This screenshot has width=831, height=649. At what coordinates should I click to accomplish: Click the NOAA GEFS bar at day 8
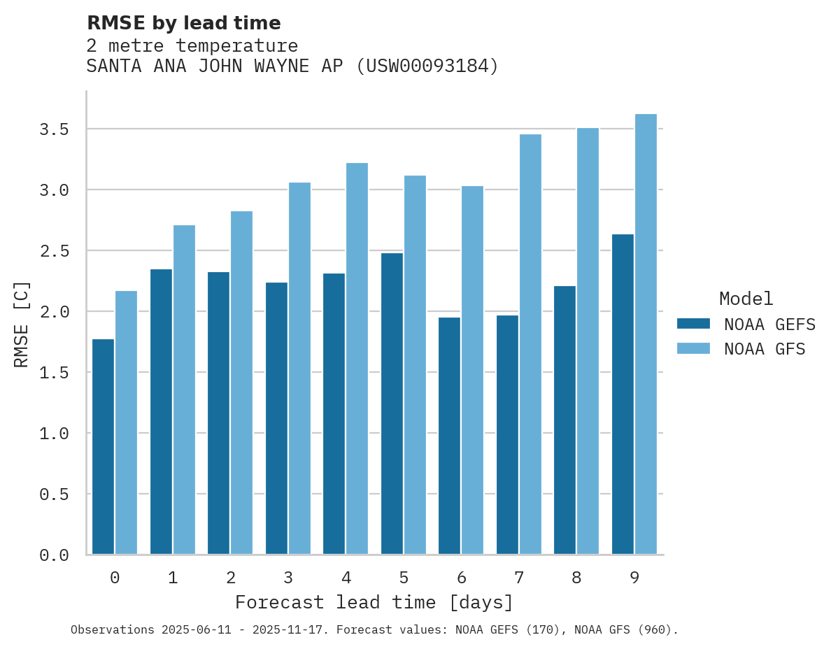click(564, 420)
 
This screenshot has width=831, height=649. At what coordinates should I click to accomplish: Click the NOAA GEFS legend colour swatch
click(693, 324)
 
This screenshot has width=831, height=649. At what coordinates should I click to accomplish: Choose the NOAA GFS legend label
click(765, 349)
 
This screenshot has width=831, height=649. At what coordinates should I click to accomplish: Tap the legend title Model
click(746, 299)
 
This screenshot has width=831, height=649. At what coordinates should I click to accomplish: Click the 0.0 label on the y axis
click(54, 555)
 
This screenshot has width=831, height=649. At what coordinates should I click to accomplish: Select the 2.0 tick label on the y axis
click(54, 312)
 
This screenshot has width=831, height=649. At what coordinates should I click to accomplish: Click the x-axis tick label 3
click(288, 578)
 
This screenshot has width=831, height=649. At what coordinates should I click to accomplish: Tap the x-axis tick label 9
click(634, 578)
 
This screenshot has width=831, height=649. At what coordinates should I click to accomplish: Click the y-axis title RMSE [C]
click(22, 324)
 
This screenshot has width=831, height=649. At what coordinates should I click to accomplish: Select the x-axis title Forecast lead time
click(374, 602)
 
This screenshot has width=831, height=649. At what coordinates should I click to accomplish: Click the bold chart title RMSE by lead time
click(183, 23)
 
